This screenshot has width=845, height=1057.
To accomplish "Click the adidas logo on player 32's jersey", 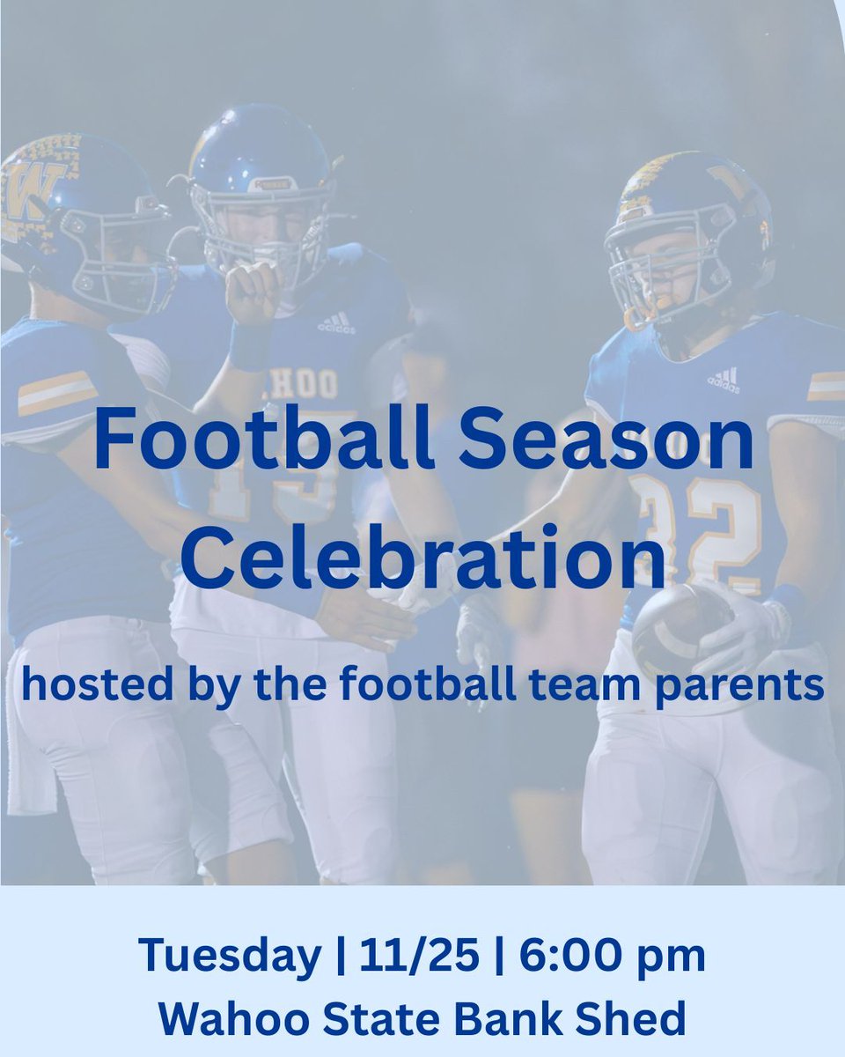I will pos(724,381).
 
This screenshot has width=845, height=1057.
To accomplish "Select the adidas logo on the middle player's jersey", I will pos(336,323).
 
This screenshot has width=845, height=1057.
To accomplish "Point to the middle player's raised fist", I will pos(253,292).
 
